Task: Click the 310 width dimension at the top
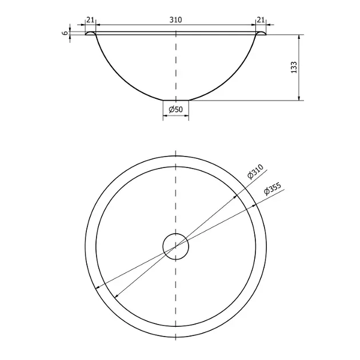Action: coord(175,20)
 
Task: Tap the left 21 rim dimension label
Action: coord(90,20)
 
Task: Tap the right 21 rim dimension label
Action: coord(261,20)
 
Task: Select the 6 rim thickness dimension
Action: coord(66,33)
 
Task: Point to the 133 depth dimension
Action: coord(294,67)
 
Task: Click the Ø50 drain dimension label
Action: coord(176,110)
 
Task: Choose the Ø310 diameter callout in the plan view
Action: coord(255,171)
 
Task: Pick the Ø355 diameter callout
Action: coord(273,189)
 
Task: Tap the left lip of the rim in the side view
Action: coord(90,33)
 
